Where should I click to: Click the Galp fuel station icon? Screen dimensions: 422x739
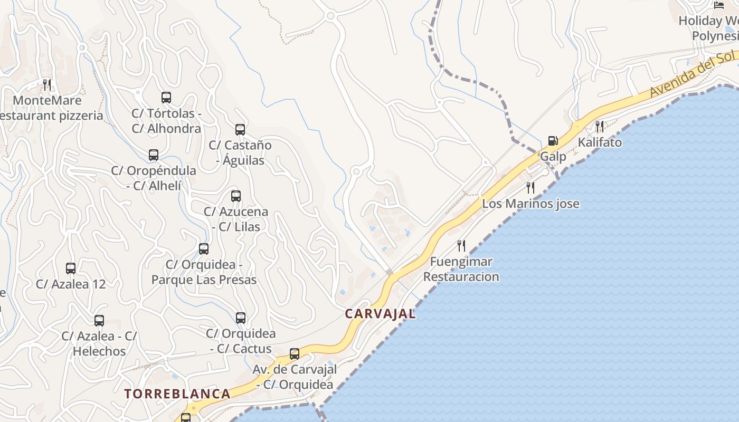(553, 141)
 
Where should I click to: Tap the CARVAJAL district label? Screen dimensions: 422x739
(380, 314)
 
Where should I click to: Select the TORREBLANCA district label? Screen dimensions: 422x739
(177, 394)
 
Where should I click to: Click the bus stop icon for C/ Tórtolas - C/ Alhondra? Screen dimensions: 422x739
(166, 98)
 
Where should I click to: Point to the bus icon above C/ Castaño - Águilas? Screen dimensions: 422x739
(240, 129)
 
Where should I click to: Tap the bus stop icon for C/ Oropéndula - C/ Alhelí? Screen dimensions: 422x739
(154, 155)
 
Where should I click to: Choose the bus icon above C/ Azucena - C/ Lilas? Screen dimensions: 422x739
(236, 196)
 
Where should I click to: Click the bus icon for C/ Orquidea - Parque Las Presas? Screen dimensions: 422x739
(204, 249)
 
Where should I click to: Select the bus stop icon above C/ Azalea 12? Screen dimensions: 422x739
(71, 268)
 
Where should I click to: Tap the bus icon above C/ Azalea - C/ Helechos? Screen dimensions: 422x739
(99, 321)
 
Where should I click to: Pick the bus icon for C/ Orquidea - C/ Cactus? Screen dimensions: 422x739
(241, 318)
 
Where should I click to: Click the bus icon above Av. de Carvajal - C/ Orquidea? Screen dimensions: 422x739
(295, 354)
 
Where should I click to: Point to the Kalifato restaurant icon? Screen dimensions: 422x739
(600, 127)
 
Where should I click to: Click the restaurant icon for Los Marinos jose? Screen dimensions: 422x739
(530, 188)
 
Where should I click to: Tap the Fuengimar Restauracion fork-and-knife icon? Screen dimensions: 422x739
(461, 246)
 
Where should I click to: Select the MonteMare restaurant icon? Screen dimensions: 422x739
(47, 84)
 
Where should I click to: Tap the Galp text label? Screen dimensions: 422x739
(553, 157)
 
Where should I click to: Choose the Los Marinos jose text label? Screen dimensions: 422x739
(530, 204)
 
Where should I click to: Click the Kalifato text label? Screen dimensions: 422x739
(600, 142)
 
